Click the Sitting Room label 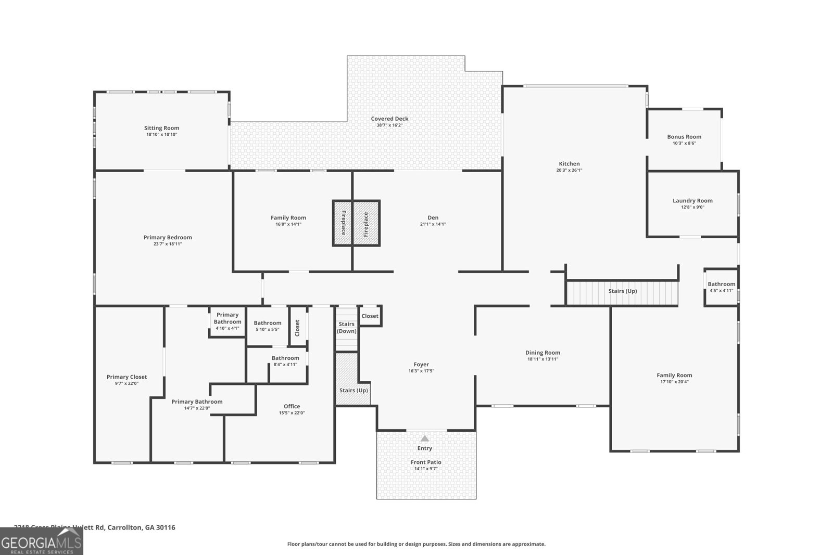click(161, 128)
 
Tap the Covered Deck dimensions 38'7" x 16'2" click(389, 125)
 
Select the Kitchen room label click(569, 164)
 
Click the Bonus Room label click(684, 137)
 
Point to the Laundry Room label click(692, 201)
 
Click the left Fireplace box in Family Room click(343, 223)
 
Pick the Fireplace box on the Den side click(366, 223)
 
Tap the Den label click(433, 218)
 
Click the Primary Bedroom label click(168, 238)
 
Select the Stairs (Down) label click(346, 328)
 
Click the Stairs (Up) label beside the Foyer click(354, 390)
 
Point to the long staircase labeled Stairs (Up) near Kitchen click(623, 291)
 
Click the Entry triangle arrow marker click(425, 438)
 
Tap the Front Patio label click(426, 462)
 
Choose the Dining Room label click(542, 353)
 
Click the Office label click(292, 407)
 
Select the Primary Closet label click(127, 377)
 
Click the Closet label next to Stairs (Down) click(370, 316)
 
